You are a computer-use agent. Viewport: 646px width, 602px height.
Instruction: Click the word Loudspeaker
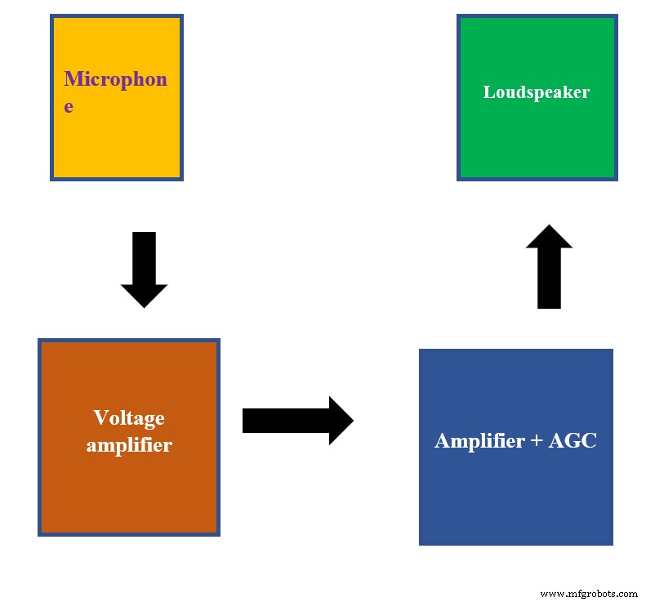[x=536, y=91]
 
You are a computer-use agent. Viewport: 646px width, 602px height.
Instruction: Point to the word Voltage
[x=129, y=418]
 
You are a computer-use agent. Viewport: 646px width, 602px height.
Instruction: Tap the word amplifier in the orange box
[x=129, y=445]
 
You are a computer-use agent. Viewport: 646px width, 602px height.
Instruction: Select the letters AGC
[x=572, y=441]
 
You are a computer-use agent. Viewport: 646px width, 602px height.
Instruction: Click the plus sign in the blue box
[x=537, y=442]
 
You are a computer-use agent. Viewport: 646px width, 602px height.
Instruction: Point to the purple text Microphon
[x=115, y=79]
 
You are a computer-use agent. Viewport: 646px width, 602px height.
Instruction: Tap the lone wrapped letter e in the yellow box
[x=69, y=106]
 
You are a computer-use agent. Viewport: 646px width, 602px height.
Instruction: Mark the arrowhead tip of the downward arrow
[x=144, y=305]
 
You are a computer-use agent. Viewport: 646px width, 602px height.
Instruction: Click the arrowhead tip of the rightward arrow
[x=351, y=421]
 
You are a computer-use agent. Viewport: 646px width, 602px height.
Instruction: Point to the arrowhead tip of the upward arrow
[x=550, y=227]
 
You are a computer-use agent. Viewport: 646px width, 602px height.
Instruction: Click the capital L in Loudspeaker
[x=488, y=91]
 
